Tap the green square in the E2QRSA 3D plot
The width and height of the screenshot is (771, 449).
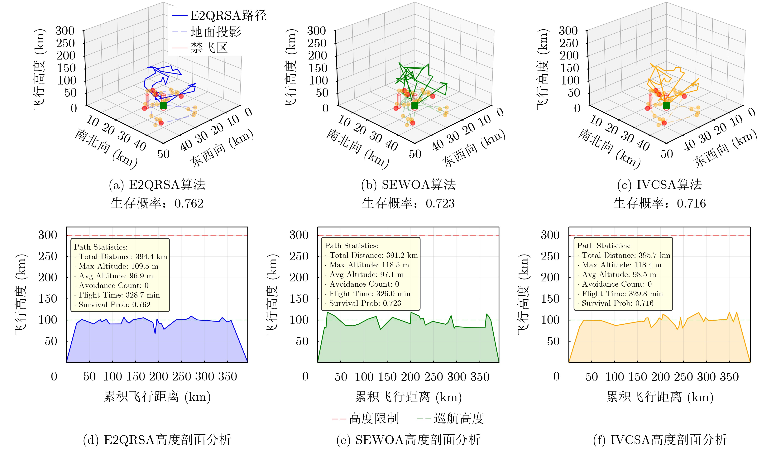[163, 106]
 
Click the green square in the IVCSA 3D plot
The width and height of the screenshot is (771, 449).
[666, 106]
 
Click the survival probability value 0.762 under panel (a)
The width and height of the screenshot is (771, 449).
[189, 203]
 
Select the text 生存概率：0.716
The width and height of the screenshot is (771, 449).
[659, 203]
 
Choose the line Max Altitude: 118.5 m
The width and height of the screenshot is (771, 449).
[369, 265]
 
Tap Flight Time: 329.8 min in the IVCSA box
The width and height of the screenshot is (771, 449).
[622, 294]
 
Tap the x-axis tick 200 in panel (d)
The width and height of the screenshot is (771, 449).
[159, 376]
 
